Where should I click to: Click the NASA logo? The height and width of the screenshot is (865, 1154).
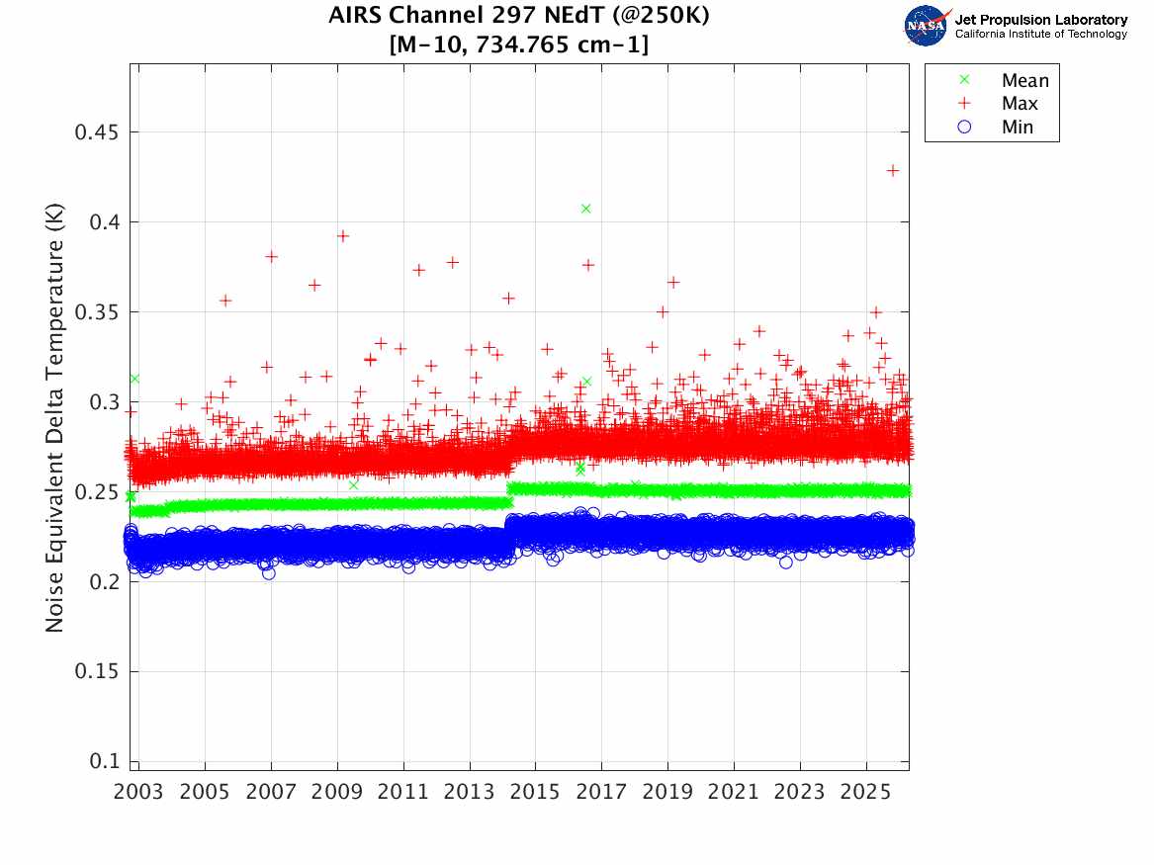927,25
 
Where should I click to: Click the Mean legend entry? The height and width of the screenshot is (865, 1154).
1023,81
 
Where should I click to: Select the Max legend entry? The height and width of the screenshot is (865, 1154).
1019,104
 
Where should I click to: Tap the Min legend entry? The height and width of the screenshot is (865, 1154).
1017,128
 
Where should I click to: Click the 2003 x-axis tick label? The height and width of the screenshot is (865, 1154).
138,793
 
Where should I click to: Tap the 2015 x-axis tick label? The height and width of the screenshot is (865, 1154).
535,793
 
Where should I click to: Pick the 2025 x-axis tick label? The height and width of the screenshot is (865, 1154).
866,793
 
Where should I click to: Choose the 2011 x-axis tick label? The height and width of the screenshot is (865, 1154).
402,793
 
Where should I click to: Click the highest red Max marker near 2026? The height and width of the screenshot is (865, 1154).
893,171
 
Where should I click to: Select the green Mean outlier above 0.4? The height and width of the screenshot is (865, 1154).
586,209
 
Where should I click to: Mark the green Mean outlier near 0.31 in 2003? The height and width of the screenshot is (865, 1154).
133,379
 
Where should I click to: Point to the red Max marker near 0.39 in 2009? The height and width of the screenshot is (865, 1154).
343,236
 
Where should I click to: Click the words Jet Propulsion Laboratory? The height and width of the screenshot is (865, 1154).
1040,20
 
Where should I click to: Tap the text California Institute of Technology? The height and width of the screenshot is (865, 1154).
1040,35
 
